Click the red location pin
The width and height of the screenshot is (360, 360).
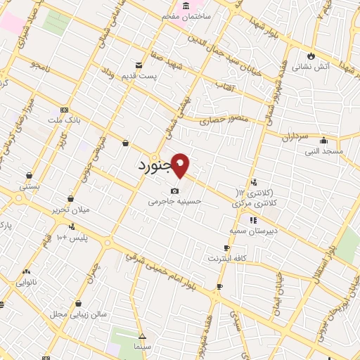click(x=181, y=165)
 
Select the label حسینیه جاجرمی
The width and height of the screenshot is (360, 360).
click(x=174, y=200)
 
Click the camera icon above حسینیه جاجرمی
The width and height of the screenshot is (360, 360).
click(x=174, y=191)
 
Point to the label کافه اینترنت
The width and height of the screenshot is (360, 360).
click(x=226, y=259)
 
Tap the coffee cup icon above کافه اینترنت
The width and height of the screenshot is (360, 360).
click(x=226, y=248)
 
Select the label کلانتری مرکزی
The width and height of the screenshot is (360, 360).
click(x=255, y=202)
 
